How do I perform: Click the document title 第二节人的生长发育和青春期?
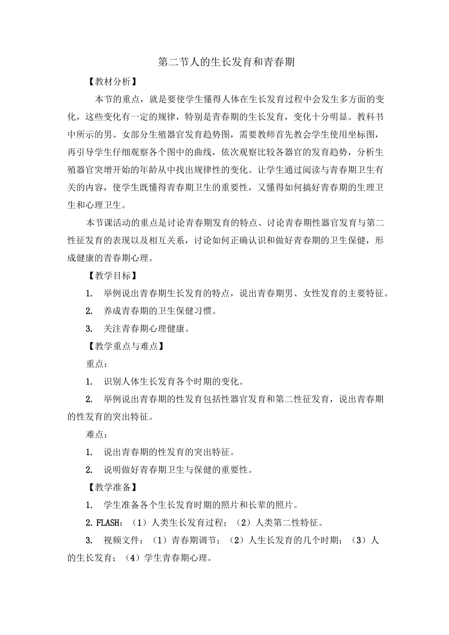coord(226,62)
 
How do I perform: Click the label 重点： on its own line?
coord(97,364)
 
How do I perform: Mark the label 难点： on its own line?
coord(97,434)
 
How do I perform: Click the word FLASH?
coord(109,523)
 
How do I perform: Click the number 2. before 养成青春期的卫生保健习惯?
coord(89,311)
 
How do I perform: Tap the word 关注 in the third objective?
coord(112,328)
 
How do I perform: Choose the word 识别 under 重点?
coord(112,381)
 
